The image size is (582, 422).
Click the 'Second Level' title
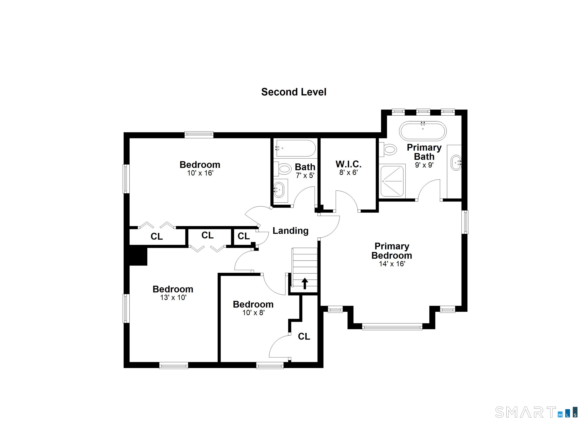(x=294, y=92)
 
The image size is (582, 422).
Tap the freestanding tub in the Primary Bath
(x=423, y=131)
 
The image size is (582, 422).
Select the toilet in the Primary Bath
(x=388, y=149)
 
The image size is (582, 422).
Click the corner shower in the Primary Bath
(x=392, y=181)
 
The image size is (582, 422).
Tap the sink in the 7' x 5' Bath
(x=279, y=190)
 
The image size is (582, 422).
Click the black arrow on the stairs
(x=305, y=284)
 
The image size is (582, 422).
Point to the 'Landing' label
(x=290, y=231)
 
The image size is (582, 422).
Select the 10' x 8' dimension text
(x=253, y=313)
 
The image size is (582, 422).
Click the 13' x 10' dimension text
(x=173, y=297)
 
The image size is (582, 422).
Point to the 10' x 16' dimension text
(x=200, y=173)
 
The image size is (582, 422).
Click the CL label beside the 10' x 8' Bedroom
(x=304, y=336)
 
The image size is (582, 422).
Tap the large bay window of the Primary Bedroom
(x=392, y=327)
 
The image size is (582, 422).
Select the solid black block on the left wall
(x=136, y=255)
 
